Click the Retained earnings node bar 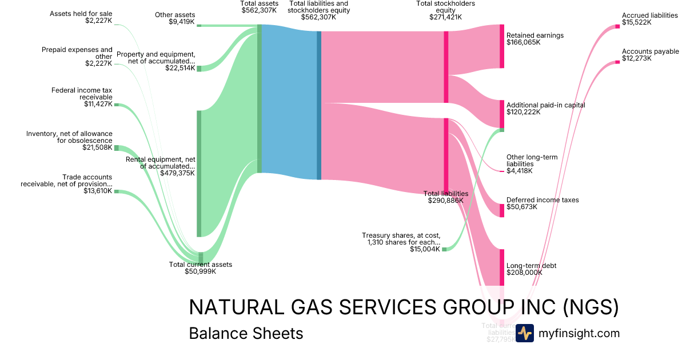pyautogui.click(x=502, y=46)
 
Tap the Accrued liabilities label pyautogui.click(x=649, y=15)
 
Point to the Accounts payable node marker pyautogui.click(x=617, y=62)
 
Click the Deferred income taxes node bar pyautogui.click(x=502, y=210)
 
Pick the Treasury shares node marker pyautogui.click(x=444, y=249)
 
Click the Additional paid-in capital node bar pyautogui.click(x=502, y=114)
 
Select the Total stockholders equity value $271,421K pyautogui.click(x=445, y=18)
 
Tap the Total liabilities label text pyautogui.click(x=445, y=194)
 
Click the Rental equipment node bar pyautogui.click(x=199, y=173)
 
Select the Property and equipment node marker pyautogui.click(x=199, y=69)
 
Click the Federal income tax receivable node pyautogui.click(x=116, y=105)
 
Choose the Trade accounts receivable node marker pyautogui.click(x=116, y=191)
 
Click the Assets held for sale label pyautogui.click(x=81, y=13)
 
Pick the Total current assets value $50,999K pyautogui.click(x=200, y=271)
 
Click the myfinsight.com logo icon pyautogui.click(x=524, y=333)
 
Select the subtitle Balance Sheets pyautogui.click(x=246, y=334)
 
